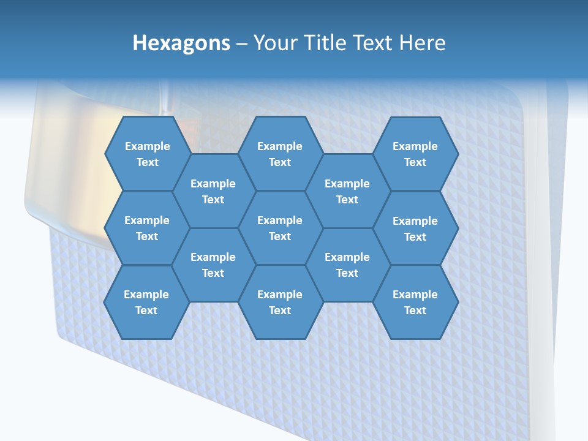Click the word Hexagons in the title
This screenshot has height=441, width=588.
(181, 43)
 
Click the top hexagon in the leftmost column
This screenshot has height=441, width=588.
(147, 154)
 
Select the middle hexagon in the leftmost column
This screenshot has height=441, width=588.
(147, 228)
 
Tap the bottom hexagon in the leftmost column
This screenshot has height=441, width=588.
(146, 302)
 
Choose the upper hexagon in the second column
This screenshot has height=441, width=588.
(213, 191)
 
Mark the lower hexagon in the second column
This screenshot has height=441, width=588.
(213, 265)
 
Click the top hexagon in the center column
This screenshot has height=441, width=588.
(280, 154)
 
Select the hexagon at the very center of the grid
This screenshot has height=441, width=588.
(280, 228)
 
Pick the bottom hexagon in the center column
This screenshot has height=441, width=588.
(280, 302)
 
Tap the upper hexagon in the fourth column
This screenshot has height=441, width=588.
(347, 191)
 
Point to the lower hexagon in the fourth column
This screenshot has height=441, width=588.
(347, 265)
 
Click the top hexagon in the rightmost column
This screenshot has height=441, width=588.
(415, 154)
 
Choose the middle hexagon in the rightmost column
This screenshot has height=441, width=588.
(415, 228)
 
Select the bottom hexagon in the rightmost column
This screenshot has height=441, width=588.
(415, 302)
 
